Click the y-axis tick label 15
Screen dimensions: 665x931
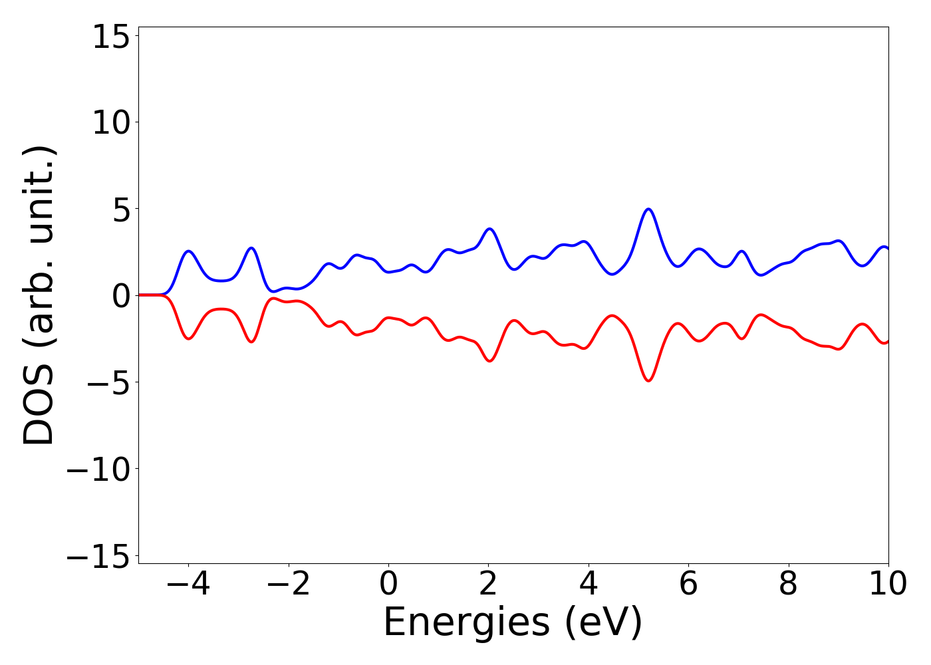point(110,37)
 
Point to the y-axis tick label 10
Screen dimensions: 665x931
point(110,124)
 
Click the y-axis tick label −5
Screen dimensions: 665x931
point(101,382)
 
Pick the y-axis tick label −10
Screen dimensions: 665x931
point(97,469)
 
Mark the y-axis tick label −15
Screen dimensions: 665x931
point(97,555)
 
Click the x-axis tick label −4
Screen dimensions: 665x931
point(189,584)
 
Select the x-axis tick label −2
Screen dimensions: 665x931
point(289,584)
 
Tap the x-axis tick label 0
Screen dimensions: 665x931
point(388,584)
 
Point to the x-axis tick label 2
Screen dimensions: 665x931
point(488,584)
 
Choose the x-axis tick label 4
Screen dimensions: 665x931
point(588,584)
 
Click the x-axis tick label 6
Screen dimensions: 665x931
point(688,584)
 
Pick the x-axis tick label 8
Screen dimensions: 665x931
point(787,584)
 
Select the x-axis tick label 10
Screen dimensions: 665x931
point(888,584)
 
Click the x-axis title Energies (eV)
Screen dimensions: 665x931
point(513,623)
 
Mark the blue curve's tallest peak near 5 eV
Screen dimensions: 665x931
point(648,209)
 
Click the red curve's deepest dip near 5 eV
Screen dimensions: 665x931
point(648,380)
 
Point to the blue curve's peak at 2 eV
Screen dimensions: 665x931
point(490,229)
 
